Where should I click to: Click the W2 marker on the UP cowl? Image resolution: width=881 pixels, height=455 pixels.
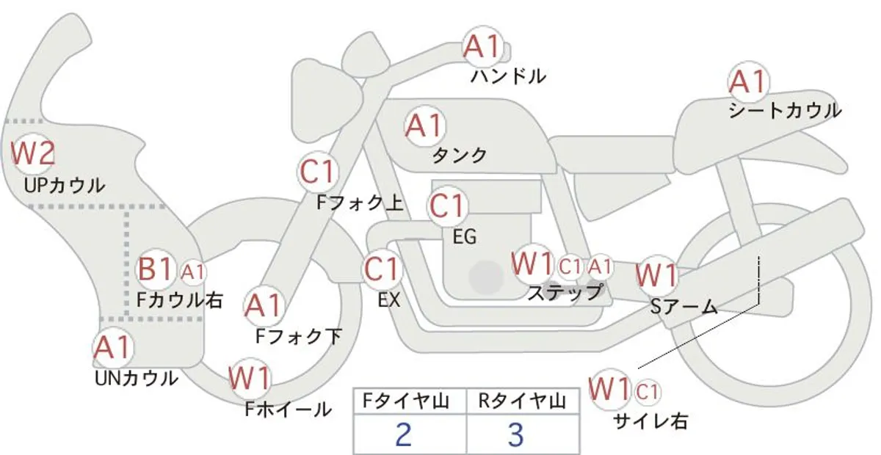coord(32,153)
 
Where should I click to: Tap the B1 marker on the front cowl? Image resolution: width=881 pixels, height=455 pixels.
coord(156,269)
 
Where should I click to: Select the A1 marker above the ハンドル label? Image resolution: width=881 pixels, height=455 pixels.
coord(482,47)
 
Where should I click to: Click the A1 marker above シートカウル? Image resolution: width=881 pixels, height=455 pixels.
coord(748,82)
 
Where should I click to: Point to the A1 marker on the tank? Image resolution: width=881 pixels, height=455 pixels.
coord(425,125)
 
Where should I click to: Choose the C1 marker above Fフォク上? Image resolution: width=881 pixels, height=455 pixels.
coord(318,172)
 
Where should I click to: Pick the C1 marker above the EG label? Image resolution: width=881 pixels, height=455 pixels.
coord(447,206)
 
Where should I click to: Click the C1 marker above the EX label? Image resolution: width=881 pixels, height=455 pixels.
coord(382,270)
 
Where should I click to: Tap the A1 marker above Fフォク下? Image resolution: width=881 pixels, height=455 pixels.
coord(264,305)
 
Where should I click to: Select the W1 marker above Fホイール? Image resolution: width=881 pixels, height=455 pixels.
coord(250,379)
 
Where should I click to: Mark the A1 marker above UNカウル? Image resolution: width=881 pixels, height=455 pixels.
coord(113,348)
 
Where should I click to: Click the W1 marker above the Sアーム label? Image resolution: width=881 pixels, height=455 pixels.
coord(657,275)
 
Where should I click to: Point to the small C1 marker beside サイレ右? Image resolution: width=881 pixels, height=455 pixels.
coord(647,392)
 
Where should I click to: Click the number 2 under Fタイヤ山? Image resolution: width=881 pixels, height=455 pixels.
coord(404,434)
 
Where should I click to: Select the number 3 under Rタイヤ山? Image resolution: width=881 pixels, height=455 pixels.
coord(516,434)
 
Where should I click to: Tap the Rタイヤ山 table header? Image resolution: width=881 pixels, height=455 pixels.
coord(522,401)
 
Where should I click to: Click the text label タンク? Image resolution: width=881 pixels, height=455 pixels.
coord(460,156)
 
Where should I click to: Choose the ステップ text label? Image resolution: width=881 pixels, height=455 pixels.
coord(565,293)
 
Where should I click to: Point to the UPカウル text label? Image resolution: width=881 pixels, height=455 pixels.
coord(65,186)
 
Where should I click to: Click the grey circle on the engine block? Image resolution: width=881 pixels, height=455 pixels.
coord(486,277)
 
